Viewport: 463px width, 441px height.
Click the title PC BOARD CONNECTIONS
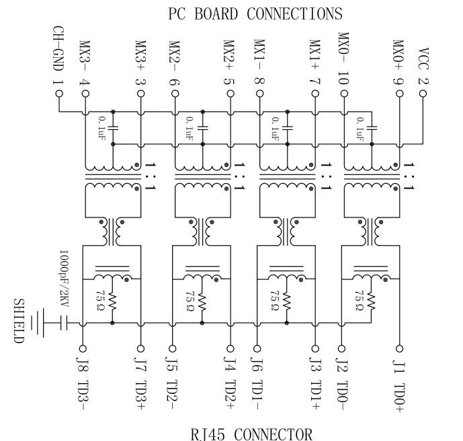(x=255, y=13)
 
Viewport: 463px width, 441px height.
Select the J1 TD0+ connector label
(x=399, y=383)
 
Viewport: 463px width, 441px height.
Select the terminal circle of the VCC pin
(x=423, y=94)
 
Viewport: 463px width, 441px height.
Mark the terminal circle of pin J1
(x=399, y=349)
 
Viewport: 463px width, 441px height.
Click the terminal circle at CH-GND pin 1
(x=58, y=94)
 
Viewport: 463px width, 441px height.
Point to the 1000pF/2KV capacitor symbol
(x=65, y=323)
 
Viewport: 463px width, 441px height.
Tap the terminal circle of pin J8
(x=83, y=349)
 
